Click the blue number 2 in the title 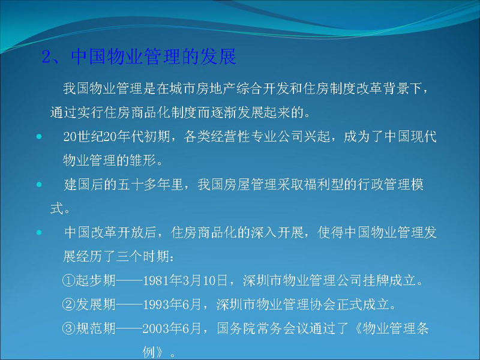point(47,56)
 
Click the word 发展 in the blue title point(218,56)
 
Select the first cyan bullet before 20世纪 point(39,137)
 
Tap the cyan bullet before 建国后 point(39,185)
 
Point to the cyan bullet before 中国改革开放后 point(39,233)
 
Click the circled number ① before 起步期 point(68,280)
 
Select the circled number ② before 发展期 point(68,304)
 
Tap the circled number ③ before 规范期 point(68,328)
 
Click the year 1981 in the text point(155,281)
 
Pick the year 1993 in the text point(155,305)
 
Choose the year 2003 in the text point(155,329)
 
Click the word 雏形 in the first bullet point(143,160)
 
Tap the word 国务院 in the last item point(236,328)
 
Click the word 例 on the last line point(149,352)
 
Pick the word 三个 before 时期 point(129,257)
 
